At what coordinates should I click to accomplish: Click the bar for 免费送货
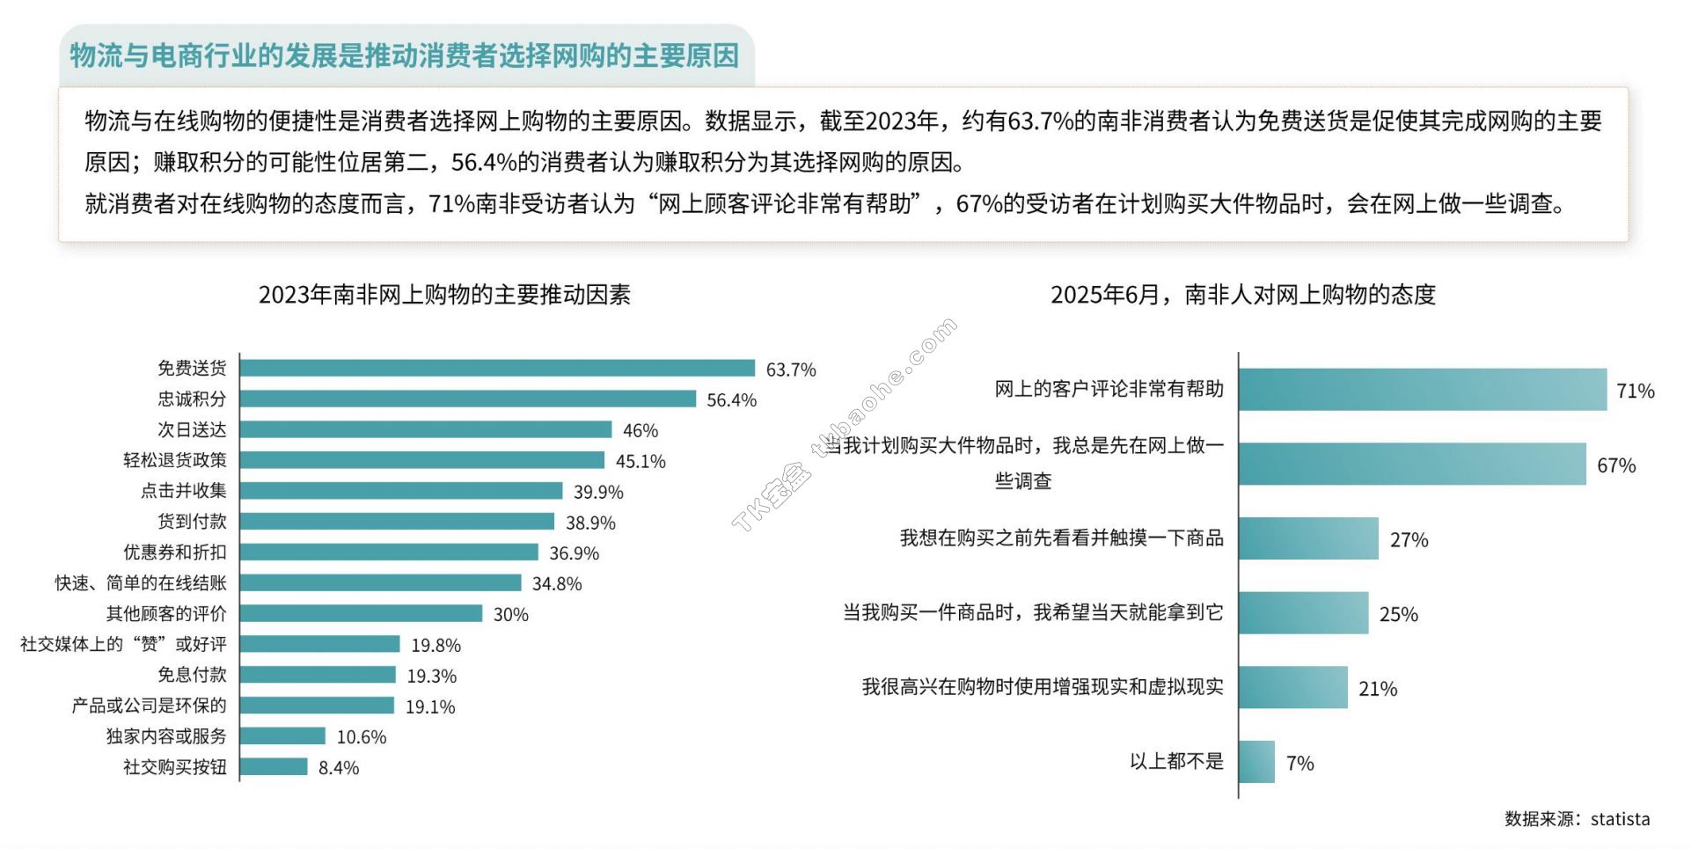[497, 368]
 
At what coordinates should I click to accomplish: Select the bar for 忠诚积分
[467, 399]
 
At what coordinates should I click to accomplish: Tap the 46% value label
[640, 430]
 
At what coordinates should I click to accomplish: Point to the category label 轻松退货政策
[174, 460]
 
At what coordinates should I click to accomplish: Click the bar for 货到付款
[397, 522]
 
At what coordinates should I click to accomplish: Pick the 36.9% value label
[574, 553]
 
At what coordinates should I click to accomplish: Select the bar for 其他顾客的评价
[361, 613]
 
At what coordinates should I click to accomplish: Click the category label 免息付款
[192, 675]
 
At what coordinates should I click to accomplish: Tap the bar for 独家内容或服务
[282, 736]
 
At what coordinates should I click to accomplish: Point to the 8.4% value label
[339, 768]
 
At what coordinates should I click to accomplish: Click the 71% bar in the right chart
[1422, 390]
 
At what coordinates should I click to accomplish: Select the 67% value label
[1616, 465]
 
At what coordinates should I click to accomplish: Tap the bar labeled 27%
[1308, 538]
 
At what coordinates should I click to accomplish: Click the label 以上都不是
[1176, 761]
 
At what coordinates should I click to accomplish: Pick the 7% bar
[1256, 762]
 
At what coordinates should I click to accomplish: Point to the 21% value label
[1377, 689]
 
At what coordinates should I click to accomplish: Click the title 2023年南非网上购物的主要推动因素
[444, 295]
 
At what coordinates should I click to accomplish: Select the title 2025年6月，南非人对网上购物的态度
[1242, 295]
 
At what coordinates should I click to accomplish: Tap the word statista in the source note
[1620, 819]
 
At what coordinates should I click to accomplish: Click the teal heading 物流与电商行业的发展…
[405, 55]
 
